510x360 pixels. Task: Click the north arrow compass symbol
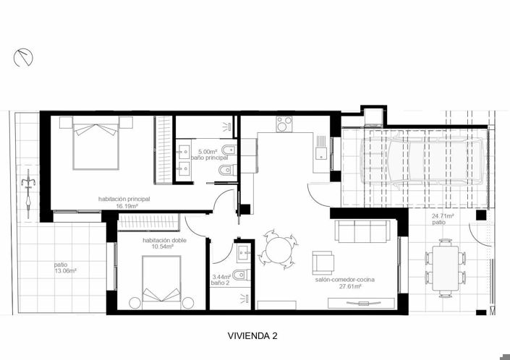(x=23, y=58)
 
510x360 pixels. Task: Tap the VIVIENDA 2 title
(x=252, y=336)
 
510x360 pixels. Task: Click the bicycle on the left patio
(x=28, y=194)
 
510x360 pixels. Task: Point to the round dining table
(x=278, y=250)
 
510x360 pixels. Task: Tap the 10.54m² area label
(x=158, y=247)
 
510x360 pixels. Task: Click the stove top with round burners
(x=284, y=124)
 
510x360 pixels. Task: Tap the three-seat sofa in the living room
(x=362, y=231)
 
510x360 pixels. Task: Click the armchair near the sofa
(x=323, y=262)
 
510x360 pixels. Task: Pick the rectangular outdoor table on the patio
(x=446, y=268)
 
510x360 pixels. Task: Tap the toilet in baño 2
(x=242, y=275)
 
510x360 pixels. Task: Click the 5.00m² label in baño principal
(x=208, y=152)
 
